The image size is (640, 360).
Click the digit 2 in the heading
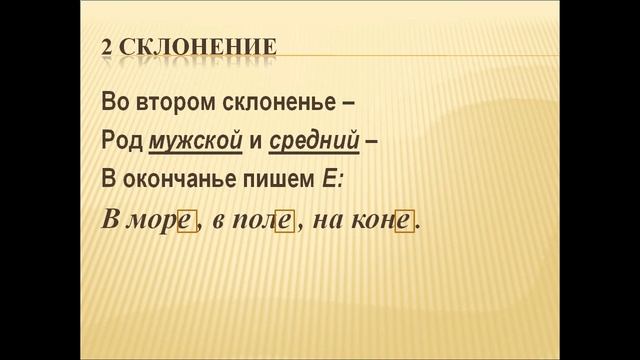tap(109, 47)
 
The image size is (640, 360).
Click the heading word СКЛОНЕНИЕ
tap(198, 47)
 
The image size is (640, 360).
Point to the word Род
tap(121, 142)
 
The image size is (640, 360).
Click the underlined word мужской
tap(196, 142)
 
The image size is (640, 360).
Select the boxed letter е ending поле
tap(284, 222)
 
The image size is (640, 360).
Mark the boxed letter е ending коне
tap(404, 222)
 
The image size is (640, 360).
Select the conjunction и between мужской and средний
tap(256, 142)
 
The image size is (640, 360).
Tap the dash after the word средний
tap(372, 142)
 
